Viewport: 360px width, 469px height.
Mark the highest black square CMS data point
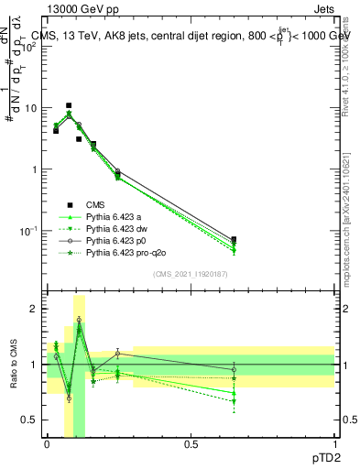point(69,105)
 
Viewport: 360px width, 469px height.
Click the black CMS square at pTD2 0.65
point(234,239)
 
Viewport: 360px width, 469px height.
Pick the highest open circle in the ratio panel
point(79,320)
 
